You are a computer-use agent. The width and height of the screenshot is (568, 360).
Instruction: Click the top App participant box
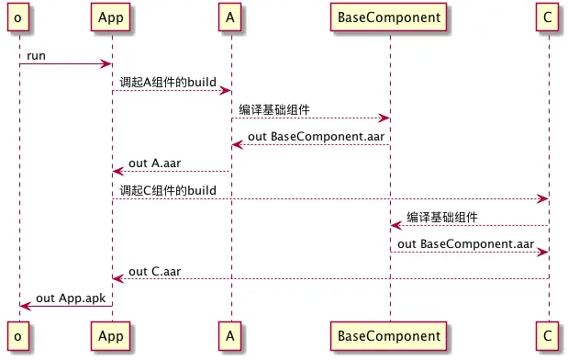pos(112,18)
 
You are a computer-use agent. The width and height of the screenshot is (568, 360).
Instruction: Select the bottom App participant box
pos(112,337)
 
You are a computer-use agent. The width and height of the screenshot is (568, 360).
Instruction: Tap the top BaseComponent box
pos(389,18)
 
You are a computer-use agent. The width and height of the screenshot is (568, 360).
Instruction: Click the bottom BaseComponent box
pos(389,337)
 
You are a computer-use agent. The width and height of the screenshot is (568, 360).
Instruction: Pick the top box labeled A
pos(230,18)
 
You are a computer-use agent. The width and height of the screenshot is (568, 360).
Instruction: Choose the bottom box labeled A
pos(230,337)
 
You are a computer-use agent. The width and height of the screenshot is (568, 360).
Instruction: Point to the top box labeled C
pos(549,18)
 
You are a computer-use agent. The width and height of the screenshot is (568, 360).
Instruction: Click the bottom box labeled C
pos(549,337)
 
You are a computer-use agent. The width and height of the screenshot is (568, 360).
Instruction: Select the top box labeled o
pos(18,18)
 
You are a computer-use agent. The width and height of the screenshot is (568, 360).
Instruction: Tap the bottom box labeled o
pos(18,337)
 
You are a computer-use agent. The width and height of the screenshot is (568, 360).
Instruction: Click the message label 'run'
pos(37,55)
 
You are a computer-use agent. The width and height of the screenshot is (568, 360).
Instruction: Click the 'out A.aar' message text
pos(153,163)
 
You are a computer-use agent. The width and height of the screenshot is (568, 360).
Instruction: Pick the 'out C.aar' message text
pos(153,272)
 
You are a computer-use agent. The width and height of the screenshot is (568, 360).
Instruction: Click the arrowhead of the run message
pos(107,63)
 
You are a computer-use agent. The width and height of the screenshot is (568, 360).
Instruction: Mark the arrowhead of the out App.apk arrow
pos(23,306)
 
